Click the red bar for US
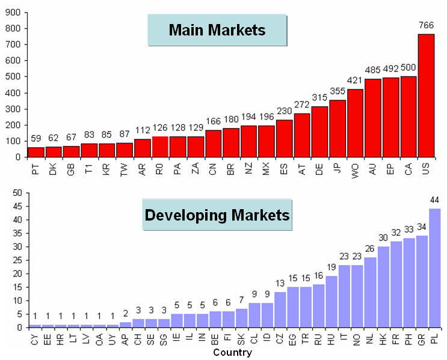pyautogui.click(x=426, y=96)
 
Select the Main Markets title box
pyautogui.click(x=217, y=30)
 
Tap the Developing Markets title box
pyautogui.click(x=217, y=215)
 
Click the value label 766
pyautogui.click(x=426, y=25)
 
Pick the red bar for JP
pyautogui.click(x=338, y=129)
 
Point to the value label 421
pyautogui.click(x=355, y=81)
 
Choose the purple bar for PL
pyautogui.click(x=435, y=268)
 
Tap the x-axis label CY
pyautogui.click(x=34, y=341)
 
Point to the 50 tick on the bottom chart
pyautogui.click(x=16, y=192)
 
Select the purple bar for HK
pyautogui.click(x=383, y=287)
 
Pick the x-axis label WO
pyautogui.click(x=356, y=171)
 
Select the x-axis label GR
pyautogui.click(x=421, y=341)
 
